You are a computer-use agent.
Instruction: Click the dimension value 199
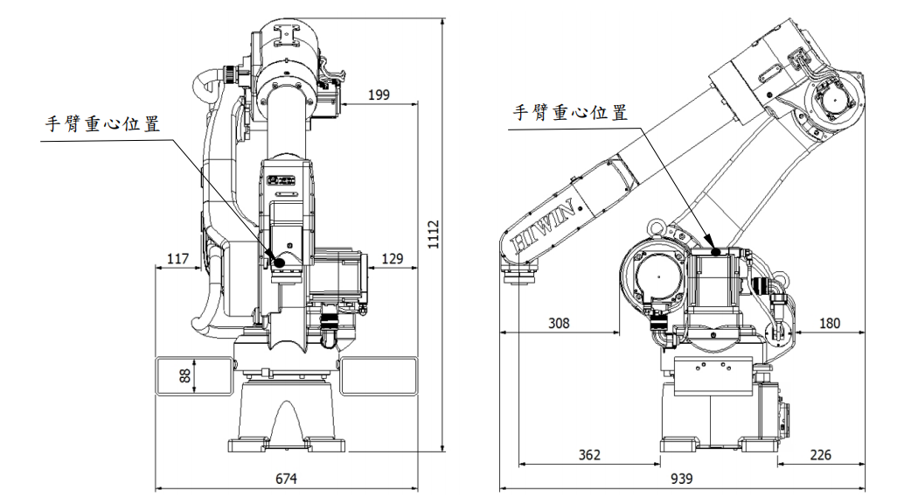pyautogui.click(x=379, y=94)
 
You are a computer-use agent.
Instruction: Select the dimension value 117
pyautogui.click(x=177, y=259)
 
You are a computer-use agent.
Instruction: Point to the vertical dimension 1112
pyautogui.click(x=435, y=234)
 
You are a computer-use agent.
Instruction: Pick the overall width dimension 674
pyautogui.click(x=287, y=479)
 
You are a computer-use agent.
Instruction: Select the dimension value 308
pyautogui.click(x=558, y=323)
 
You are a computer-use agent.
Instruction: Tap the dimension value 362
pyautogui.click(x=589, y=455)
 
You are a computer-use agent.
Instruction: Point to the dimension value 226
pyautogui.click(x=820, y=455)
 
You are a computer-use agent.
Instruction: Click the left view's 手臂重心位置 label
pyautogui.click(x=103, y=124)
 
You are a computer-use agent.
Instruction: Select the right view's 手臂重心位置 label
pyautogui.click(x=570, y=113)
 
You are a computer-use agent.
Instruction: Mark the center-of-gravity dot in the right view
pyautogui.click(x=717, y=250)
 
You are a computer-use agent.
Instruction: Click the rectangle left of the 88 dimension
pyautogui.click(x=174, y=376)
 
